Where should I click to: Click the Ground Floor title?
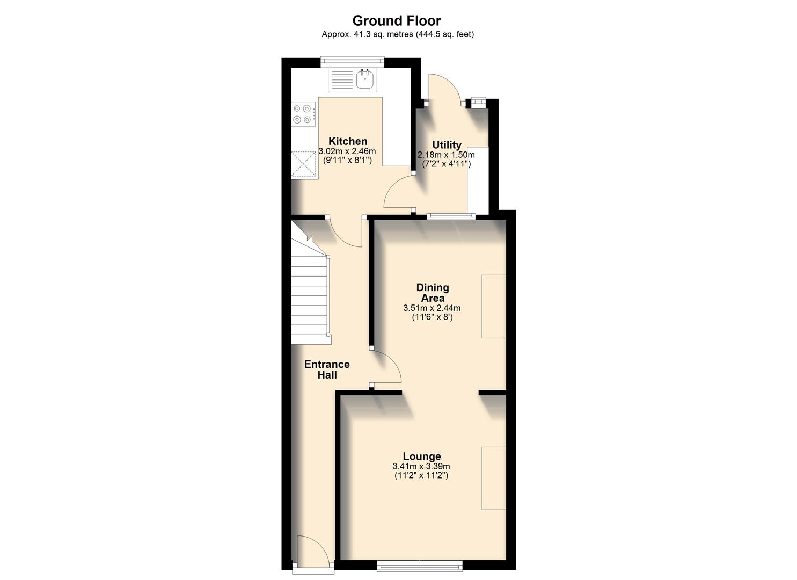(x=396, y=21)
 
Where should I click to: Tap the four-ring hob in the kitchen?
(x=304, y=114)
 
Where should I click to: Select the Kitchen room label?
(x=348, y=141)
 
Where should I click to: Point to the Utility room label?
(x=447, y=145)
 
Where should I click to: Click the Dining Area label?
(x=432, y=293)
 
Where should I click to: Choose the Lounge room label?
(x=422, y=456)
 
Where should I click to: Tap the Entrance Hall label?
(x=327, y=369)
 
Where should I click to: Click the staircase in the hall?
(x=310, y=295)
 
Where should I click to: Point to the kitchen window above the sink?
(x=353, y=62)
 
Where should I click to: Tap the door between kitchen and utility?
(x=398, y=193)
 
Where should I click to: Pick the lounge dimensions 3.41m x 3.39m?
(x=421, y=466)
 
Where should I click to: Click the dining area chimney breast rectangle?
(x=494, y=307)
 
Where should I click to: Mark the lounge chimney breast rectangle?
(x=494, y=477)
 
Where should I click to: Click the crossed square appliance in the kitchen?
(x=304, y=165)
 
